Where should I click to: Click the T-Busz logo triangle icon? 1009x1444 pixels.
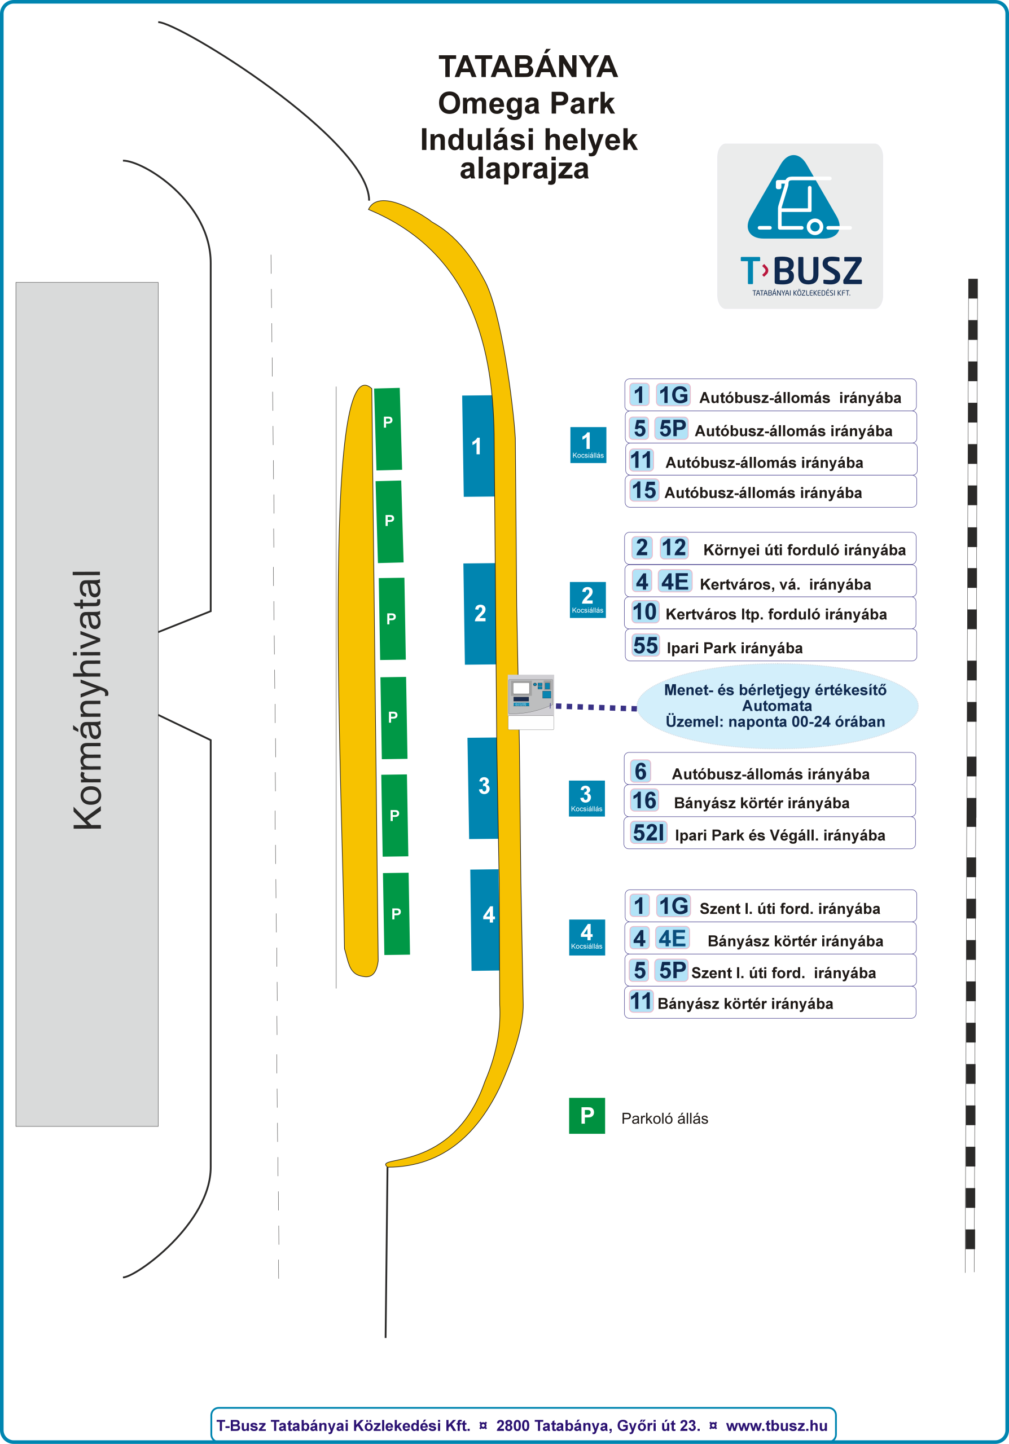tap(794, 198)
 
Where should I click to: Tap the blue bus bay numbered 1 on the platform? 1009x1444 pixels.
tap(478, 446)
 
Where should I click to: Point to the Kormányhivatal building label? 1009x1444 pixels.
tap(87, 699)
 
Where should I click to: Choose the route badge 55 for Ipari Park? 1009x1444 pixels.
tap(646, 645)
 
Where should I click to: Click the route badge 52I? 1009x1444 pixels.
tap(648, 833)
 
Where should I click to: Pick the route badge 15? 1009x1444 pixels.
tap(643, 491)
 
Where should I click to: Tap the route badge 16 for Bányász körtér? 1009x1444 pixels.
tap(644, 800)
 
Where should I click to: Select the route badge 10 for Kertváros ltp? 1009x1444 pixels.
tap(644, 612)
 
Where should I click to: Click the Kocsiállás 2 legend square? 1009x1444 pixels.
tap(587, 600)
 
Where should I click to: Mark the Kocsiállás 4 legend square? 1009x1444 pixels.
tap(586, 937)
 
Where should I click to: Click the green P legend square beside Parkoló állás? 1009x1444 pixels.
tap(586, 1116)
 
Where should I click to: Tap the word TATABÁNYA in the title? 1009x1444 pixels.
tap(528, 67)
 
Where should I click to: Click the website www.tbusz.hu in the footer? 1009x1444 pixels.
tap(777, 1426)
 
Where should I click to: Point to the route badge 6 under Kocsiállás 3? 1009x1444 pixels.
tap(641, 771)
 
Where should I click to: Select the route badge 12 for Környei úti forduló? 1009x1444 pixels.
tap(674, 548)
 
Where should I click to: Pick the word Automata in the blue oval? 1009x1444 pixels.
tap(777, 706)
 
